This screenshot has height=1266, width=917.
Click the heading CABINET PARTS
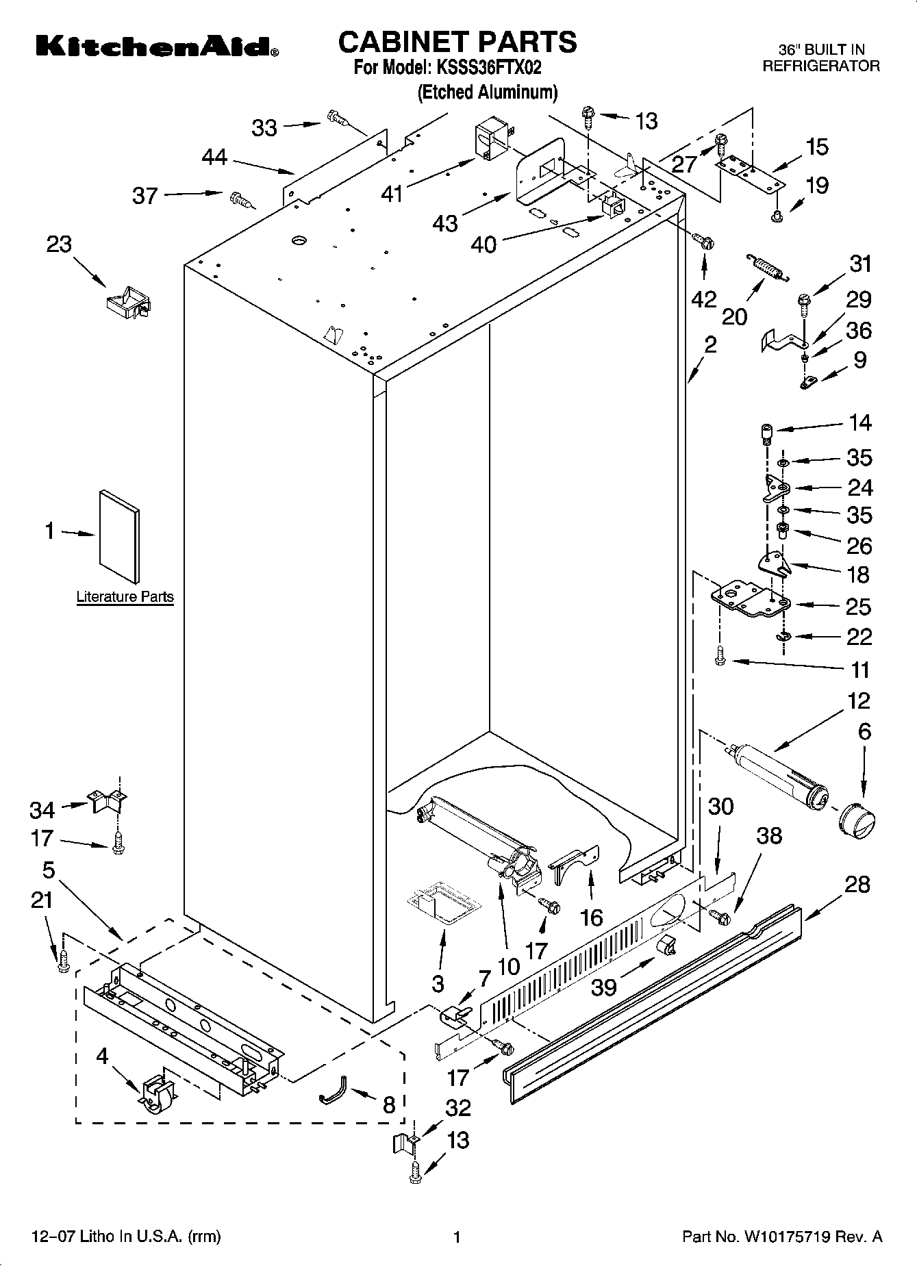click(457, 42)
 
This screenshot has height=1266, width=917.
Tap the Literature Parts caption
click(125, 596)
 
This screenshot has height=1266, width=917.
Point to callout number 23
click(59, 244)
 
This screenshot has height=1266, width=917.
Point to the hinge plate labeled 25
click(750, 599)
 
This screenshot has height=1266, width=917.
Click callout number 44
click(214, 157)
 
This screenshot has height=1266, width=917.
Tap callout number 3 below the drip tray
click(438, 984)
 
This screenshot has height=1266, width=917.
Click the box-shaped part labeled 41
click(489, 142)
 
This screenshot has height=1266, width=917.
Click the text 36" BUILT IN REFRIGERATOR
click(821, 58)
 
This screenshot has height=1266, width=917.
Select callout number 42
click(704, 299)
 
